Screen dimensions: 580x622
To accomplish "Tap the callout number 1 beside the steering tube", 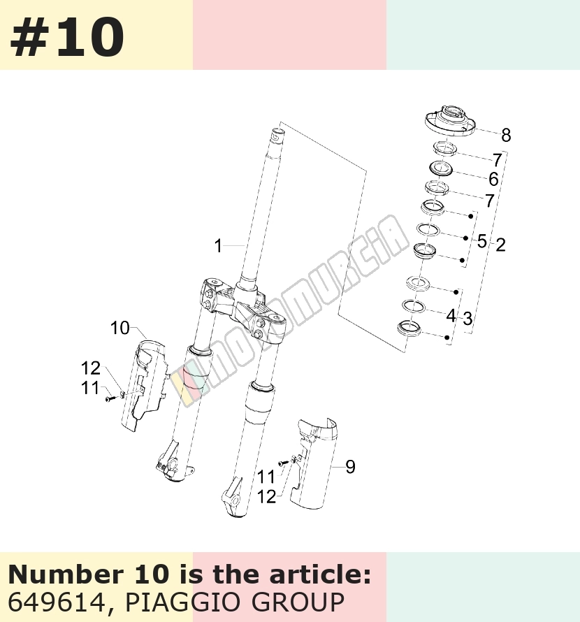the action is tap(218, 246).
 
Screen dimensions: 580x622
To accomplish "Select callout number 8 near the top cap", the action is tap(506, 135).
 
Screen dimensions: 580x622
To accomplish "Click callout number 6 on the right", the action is tap(493, 179).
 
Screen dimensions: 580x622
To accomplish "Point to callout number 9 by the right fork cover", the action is tap(350, 467).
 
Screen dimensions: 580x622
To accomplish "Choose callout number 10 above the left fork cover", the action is tap(119, 328).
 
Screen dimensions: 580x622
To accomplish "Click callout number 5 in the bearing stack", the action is tap(482, 241).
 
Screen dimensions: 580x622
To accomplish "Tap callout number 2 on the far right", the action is tap(500, 245).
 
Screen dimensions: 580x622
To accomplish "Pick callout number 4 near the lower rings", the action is tap(451, 316).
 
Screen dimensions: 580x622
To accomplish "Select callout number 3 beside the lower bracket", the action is tap(467, 319).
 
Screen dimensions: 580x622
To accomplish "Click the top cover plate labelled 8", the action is tap(450, 121).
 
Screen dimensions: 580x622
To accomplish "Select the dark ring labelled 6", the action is tap(441, 167).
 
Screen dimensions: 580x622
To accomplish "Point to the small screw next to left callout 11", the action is tap(110, 398).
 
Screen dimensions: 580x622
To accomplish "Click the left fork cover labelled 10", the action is tap(144, 384).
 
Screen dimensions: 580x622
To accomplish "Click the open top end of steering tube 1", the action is tap(278, 133).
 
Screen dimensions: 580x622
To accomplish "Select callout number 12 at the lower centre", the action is tap(266, 497).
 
